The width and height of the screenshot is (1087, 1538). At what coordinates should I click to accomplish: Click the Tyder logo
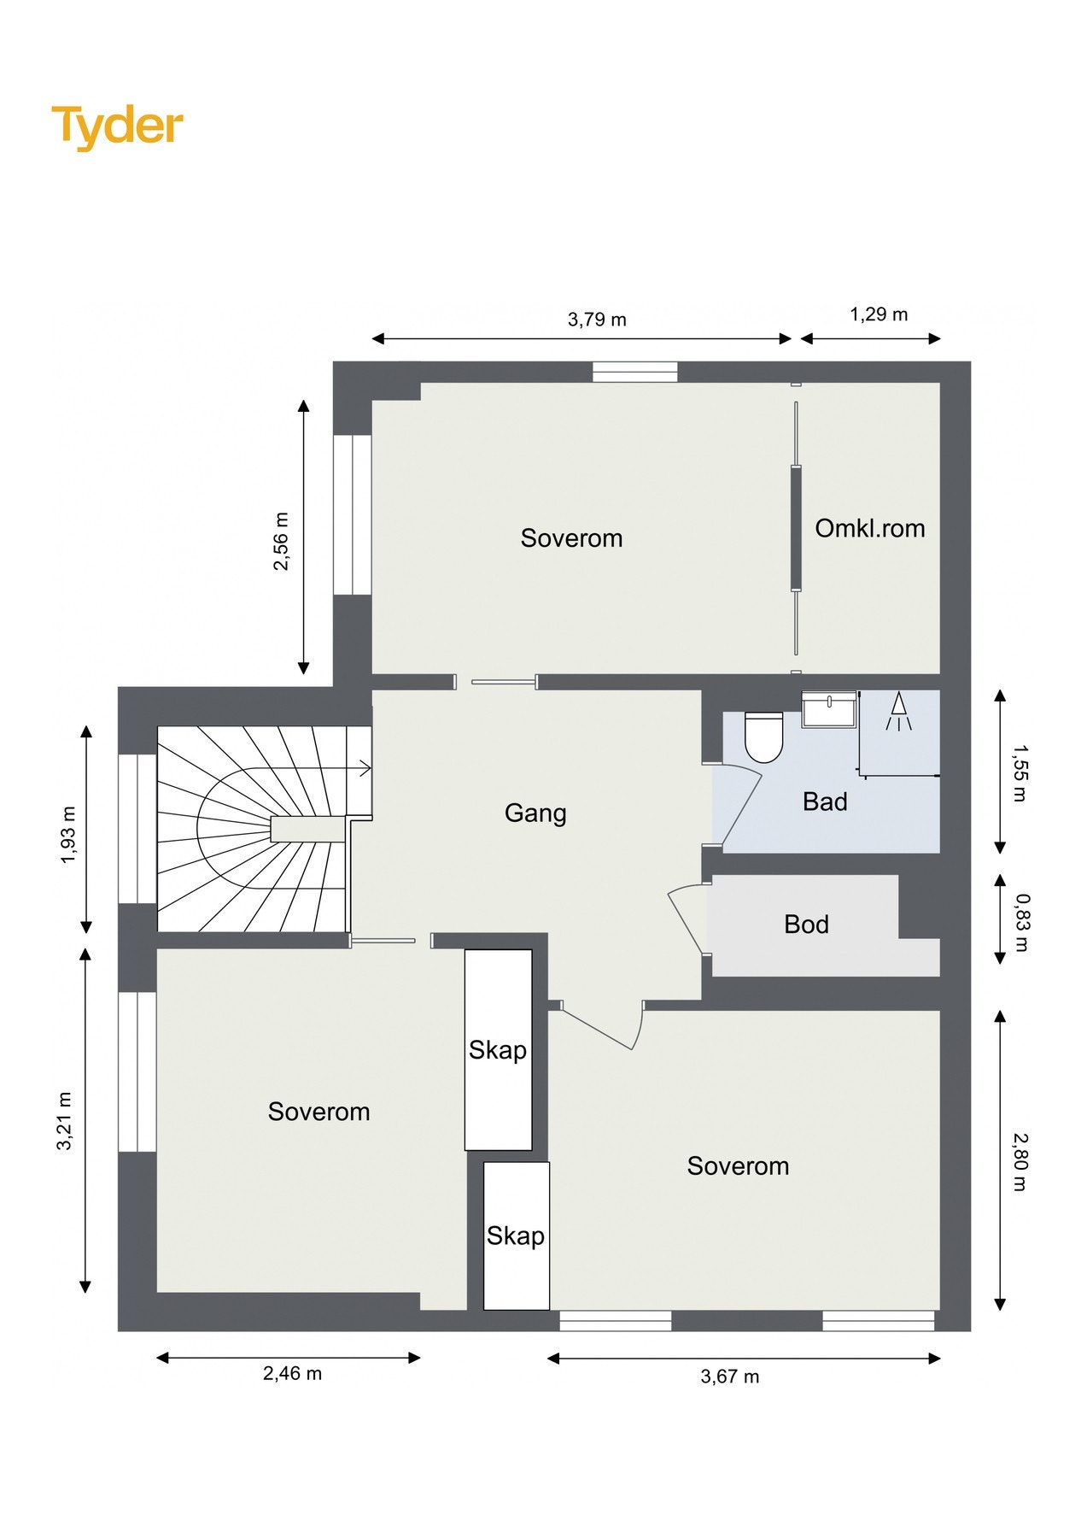[117, 126]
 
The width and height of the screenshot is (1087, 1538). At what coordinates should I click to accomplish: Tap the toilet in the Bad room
[763, 737]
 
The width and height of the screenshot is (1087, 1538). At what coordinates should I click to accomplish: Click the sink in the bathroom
[829, 709]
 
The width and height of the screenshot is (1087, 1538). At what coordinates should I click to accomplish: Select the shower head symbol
[897, 712]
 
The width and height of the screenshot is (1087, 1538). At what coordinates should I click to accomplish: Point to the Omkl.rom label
[870, 528]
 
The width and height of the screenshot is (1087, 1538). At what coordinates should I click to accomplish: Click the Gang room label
[535, 813]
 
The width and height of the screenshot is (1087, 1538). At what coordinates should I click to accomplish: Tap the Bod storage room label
[806, 924]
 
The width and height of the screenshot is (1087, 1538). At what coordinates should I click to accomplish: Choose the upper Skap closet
[499, 1049]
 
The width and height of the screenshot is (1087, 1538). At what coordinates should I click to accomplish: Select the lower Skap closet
[516, 1236]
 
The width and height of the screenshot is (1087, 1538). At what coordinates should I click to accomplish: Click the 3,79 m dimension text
[597, 320]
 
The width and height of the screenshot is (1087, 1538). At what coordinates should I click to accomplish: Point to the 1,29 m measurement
[879, 314]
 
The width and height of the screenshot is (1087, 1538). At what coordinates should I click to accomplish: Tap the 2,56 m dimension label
[281, 541]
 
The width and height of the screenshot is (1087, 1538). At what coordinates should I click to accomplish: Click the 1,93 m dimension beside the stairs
[68, 835]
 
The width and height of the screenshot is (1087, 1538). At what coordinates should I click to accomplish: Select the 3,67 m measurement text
[730, 1377]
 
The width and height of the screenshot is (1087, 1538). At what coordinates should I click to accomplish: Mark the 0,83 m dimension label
[1022, 923]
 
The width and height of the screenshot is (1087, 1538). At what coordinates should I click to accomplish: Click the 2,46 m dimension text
[292, 1374]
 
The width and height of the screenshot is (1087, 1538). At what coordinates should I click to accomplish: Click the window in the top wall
[635, 372]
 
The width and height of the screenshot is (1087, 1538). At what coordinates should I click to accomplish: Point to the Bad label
[825, 801]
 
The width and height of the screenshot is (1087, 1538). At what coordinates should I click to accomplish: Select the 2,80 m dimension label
[1020, 1162]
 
